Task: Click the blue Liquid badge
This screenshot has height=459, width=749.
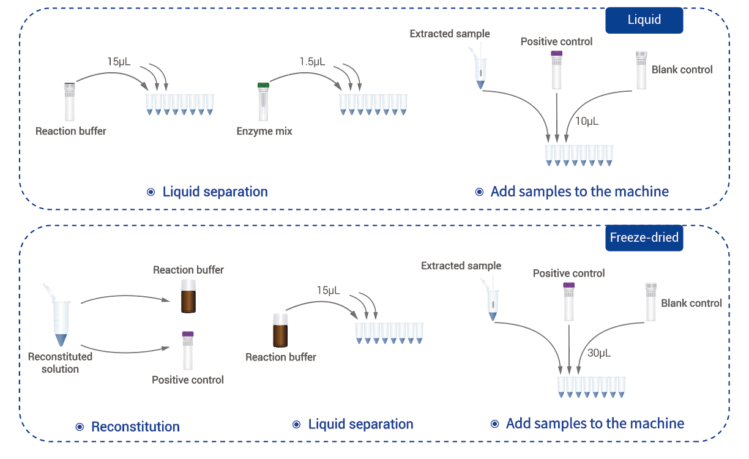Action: click(x=644, y=20)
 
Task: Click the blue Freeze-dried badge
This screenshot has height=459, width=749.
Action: click(x=644, y=238)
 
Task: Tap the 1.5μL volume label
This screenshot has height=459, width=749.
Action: click(x=312, y=62)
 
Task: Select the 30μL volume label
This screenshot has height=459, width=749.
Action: click(x=599, y=353)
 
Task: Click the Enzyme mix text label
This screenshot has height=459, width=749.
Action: click(x=264, y=131)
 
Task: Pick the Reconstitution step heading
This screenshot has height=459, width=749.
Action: click(x=135, y=427)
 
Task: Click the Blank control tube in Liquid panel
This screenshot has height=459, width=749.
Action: click(x=641, y=70)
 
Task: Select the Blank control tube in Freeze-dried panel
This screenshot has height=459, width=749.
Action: click(x=651, y=302)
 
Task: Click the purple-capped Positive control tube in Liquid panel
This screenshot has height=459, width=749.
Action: click(x=556, y=70)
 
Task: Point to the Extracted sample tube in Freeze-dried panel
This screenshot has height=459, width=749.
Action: click(x=491, y=301)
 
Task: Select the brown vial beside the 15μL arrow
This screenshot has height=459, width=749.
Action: click(x=280, y=330)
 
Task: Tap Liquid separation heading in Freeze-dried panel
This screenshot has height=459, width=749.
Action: click(x=360, y=424)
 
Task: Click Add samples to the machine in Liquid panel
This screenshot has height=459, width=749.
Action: click(x=579, y=192)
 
